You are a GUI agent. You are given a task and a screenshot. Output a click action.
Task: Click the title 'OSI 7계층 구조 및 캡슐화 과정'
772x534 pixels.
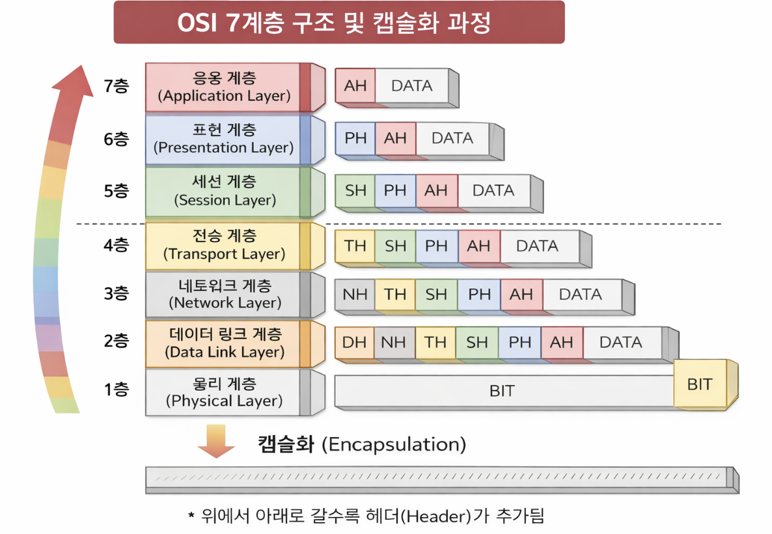coord(338,23)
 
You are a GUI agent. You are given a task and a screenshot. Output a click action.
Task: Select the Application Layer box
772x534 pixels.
coord(225,87)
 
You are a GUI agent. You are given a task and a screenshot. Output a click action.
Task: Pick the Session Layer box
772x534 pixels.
coord(225,191)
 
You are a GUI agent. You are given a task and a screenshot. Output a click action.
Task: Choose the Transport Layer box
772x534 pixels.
coord(225,245)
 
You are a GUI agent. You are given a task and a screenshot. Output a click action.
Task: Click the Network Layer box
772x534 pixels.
coord(225,294)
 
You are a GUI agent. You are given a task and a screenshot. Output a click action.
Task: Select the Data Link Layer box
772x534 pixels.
coord(225,343)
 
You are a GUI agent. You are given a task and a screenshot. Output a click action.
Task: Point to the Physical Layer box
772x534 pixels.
coord(225,392)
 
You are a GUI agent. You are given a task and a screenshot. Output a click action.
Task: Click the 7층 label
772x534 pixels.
coord(116,86)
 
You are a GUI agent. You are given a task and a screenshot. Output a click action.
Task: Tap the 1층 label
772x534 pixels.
coord(116,390)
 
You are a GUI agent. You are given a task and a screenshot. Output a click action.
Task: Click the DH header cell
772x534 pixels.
coord(354,342)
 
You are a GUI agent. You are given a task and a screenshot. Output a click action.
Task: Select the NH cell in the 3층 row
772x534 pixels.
coord(355,294)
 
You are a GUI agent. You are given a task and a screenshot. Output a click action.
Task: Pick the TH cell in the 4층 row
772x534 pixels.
coord(355,246)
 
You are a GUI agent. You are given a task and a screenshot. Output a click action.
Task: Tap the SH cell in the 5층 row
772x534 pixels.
coord(355,190)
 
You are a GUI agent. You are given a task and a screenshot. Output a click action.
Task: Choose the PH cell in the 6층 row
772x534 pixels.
coord(355,138)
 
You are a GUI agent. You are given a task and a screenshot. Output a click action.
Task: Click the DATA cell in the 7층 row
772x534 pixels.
coord(411,86)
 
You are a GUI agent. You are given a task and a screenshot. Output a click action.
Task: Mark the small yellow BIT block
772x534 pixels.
coord(700,384)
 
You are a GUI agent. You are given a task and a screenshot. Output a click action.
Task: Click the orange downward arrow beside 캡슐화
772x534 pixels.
coord(215,441)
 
